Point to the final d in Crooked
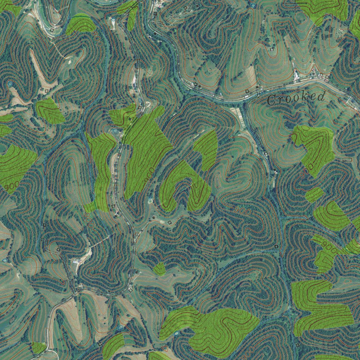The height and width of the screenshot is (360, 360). [320, 96]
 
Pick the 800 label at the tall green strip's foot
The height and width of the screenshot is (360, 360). [88, 218]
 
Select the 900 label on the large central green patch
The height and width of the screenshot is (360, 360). [149, 175]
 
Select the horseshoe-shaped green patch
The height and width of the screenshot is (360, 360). [185, 186]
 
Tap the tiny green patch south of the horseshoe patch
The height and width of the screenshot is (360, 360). [159, 269]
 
